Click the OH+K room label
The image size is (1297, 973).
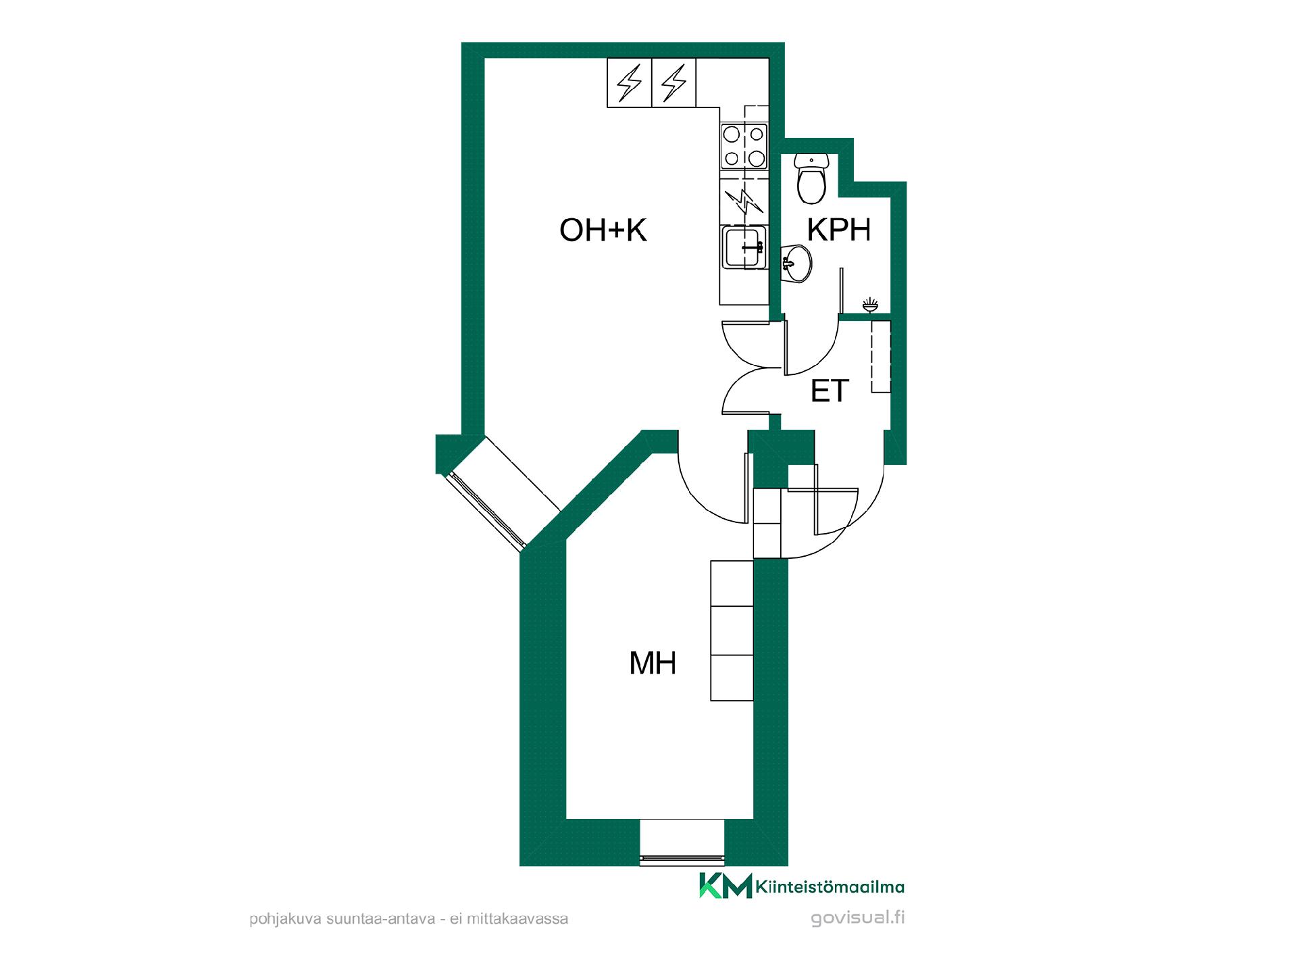[x=603, y=230]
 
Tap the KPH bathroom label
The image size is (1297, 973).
[x=840, y=230]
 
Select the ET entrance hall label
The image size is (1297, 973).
[x=830, y=391]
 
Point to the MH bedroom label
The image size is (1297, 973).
[x=653, y=664]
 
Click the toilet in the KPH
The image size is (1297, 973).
[x=811, y=178]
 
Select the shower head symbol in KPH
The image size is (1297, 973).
[x=870, y=305]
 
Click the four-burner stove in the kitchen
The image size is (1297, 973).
[x=744, y=146]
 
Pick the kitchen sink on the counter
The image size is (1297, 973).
[x=744, y=247]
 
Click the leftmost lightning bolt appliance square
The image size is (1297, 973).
[x=630, y=83]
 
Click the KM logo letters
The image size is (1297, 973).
[x=726, y=886]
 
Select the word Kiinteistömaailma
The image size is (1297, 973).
[x=831, y=887]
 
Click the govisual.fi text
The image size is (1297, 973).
[x=858, y=918]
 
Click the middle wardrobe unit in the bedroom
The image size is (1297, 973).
[x=732, y=630]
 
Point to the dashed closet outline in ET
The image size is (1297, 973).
[x=881, y=356]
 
